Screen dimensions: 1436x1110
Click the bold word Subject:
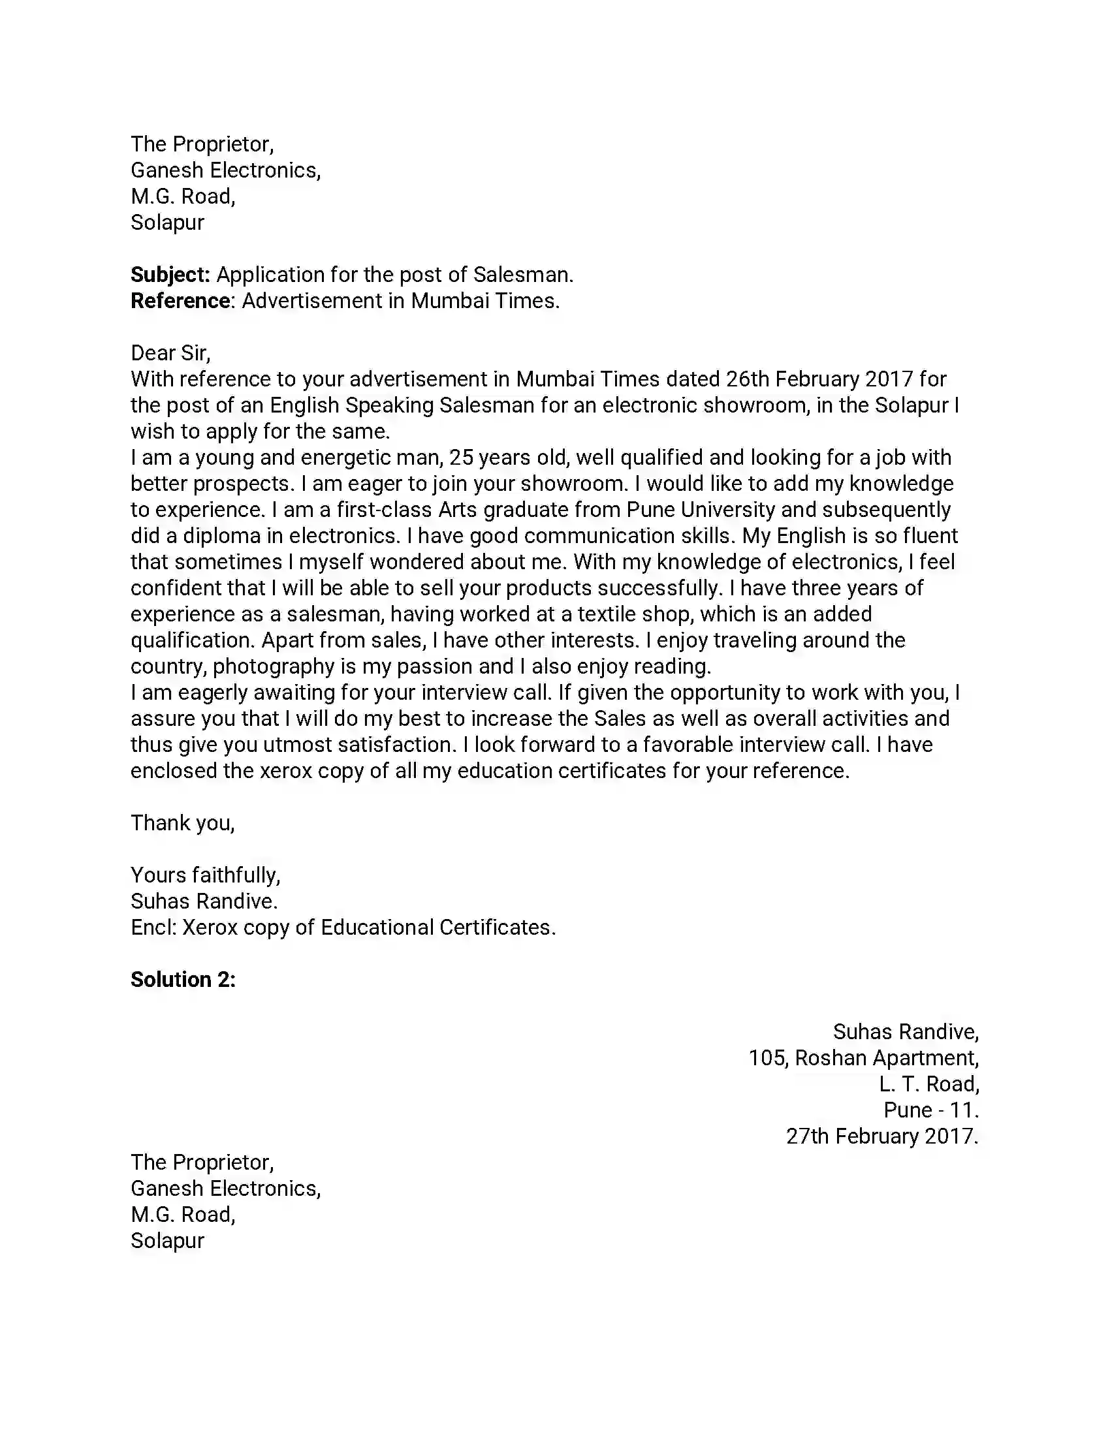click(170, 275)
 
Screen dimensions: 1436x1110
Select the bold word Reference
click(181, 301)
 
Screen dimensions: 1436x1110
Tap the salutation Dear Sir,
click(170, 353)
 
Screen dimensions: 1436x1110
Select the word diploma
click(221, 536)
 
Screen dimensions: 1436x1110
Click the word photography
click(274, 666)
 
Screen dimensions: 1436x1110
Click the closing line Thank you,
click(182, 822)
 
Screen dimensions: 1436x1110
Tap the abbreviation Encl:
click(154, 927)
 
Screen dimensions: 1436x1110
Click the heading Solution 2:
click(183, 980)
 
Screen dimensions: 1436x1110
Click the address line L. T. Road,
click(928, 1084)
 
